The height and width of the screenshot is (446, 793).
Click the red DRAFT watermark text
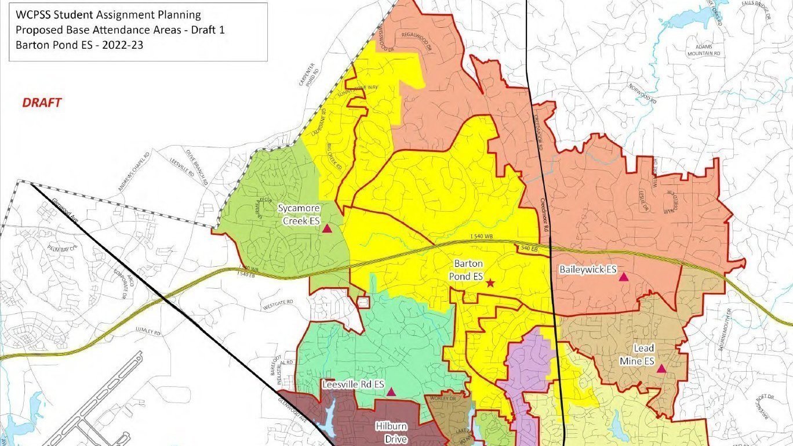click(42, 103)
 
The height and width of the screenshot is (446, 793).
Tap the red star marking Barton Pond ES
click(490, 283)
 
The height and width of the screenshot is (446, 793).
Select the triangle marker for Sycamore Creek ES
click(327, 229)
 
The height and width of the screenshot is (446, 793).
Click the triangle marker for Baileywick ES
click(624, 277)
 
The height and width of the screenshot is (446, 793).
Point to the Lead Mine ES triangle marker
click(661, 368)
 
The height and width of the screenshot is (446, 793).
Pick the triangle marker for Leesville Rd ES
click(391, 392)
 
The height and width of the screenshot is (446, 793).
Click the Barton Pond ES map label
click(468, 270)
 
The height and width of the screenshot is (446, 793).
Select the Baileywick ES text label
click(587, 270)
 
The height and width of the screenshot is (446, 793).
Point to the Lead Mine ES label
click(643, 355)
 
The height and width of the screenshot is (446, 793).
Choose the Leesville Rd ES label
click(353, 385)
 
